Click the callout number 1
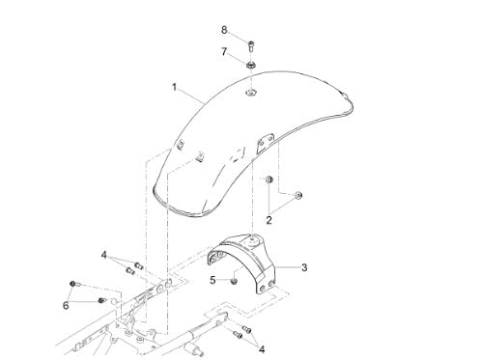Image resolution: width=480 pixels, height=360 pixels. [174, 87]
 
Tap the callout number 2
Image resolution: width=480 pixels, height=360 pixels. [268, 220]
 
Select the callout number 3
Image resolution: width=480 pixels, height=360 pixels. [304, 267]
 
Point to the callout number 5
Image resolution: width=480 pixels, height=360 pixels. [212, 280]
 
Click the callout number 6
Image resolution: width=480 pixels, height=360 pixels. [66, 305]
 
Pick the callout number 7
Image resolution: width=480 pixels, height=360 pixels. [224, 51]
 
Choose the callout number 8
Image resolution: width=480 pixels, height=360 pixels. [224, 30]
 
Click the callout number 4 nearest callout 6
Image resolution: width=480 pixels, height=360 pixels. [103, 255]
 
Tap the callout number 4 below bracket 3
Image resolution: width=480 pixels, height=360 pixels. [262, 349]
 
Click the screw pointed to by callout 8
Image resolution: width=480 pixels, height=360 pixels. [251, 46]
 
